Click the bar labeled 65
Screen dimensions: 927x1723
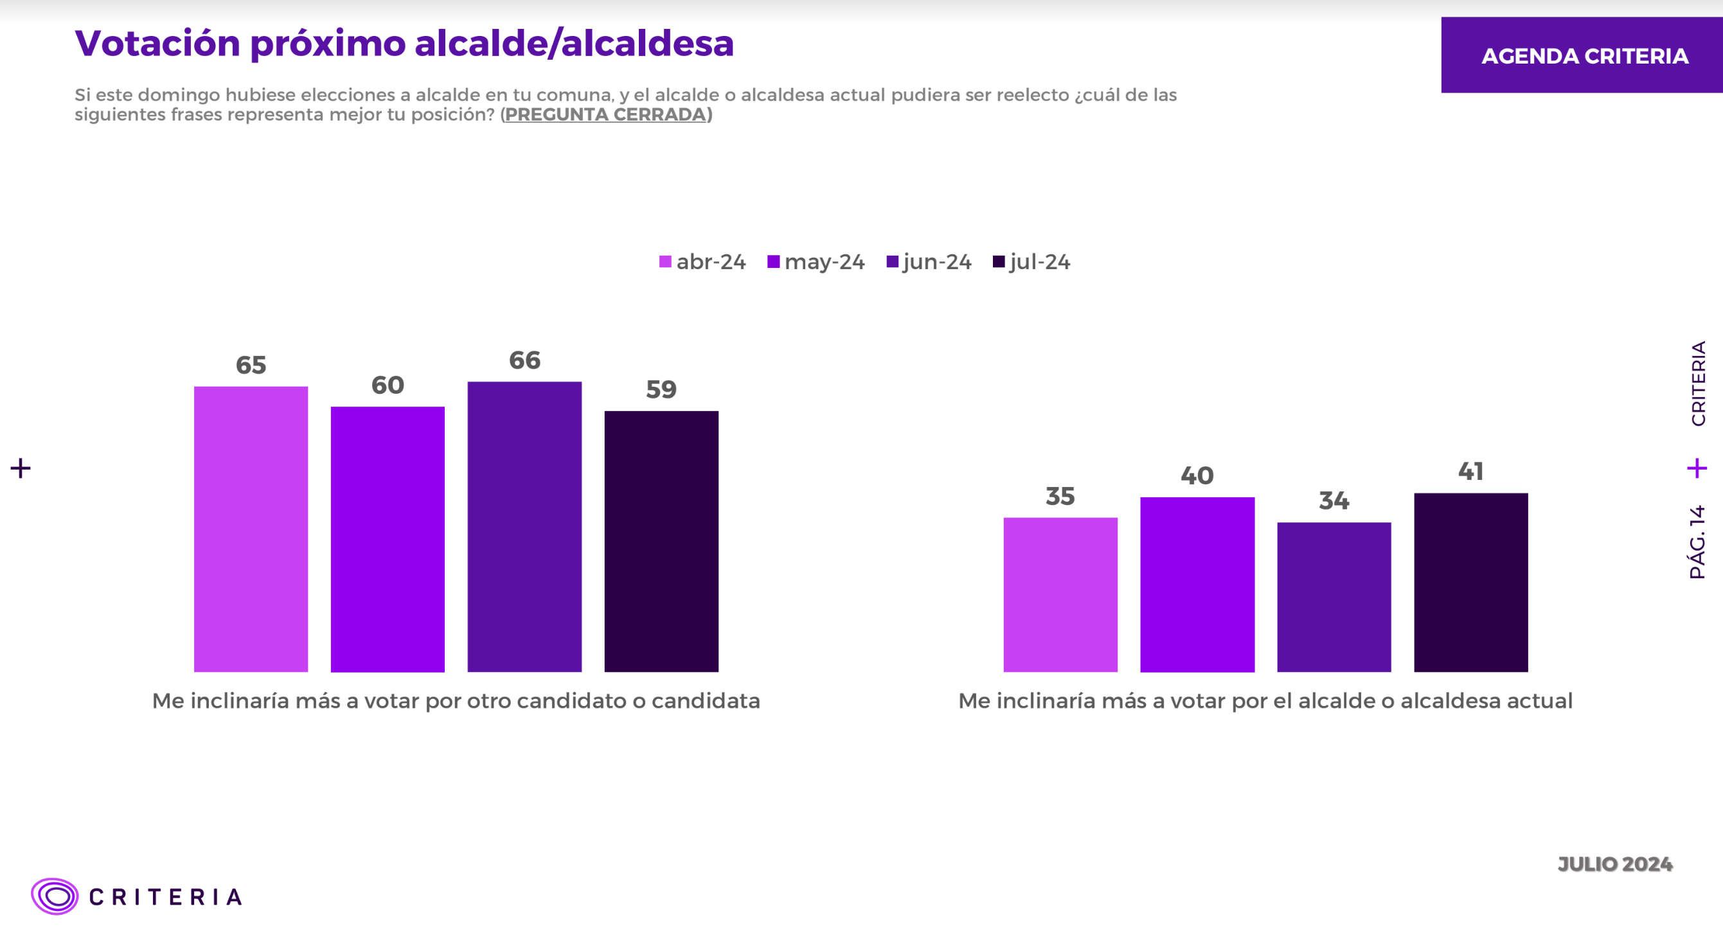(251, 528)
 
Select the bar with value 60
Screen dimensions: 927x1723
(388, 538)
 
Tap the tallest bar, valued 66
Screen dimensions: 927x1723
(524, 526)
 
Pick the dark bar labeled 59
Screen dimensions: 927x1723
(661, 541)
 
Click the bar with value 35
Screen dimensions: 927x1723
(1060, 594)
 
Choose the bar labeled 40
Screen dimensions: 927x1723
(1197, 584)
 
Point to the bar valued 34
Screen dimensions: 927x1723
(1334, 597)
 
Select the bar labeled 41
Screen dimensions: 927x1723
(1471, 582)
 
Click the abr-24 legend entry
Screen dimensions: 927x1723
(702, 261)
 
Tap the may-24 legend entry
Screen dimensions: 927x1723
(816, 261)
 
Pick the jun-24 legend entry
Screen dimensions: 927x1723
(929, 261)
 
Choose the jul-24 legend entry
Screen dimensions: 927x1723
(1032, 261)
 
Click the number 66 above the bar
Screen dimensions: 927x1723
(524, 360)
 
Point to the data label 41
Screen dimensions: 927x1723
(1471, 472)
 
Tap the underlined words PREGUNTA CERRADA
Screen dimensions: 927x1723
(605, 114)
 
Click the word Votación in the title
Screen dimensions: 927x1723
(157, 44)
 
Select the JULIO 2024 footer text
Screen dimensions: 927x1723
(1614, 864)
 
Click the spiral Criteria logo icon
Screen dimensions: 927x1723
(55, 896)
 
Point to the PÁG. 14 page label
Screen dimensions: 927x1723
(1697, 542)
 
